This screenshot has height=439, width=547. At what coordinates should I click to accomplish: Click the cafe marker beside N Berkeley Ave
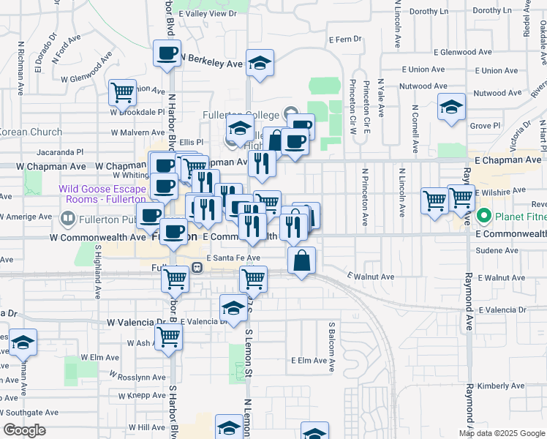click(x=167, y=53)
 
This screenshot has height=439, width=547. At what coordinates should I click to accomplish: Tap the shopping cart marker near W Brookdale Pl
click(x=122, y=93)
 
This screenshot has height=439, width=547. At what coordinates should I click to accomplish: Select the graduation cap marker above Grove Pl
click(x=451, y=107)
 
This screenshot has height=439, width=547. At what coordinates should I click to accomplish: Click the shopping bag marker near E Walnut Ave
click(x=301, y=260)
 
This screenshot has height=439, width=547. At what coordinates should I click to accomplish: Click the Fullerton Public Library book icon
click(x=68, y=218)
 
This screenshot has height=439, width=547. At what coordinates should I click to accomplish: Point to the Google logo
click(x=24, y=430)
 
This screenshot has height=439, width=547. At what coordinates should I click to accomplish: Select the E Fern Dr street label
click(x=344, y=39)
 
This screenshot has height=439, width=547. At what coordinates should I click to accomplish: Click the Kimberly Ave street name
click(x=501, y=386)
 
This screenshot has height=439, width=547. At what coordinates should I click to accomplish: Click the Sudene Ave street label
click(x=497, y=250)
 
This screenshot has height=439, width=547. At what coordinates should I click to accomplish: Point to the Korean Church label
click(x=31, y=132)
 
